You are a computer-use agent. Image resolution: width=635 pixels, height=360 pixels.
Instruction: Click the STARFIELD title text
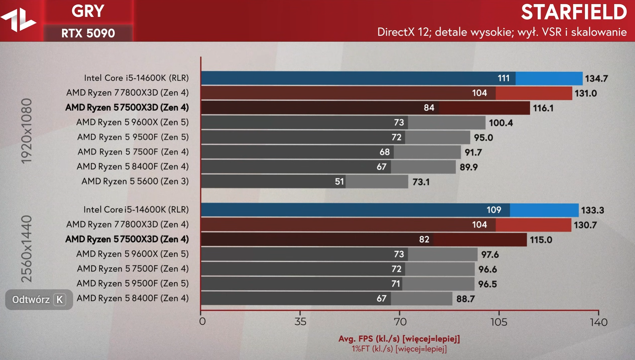coord(574,12)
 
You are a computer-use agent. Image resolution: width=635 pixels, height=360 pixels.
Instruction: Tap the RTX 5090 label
coord(88,33)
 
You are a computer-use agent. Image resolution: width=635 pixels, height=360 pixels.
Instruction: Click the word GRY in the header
coord(88,11)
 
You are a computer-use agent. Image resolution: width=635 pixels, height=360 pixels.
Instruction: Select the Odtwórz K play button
coord(39,300)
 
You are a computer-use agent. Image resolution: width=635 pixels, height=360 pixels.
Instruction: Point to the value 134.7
coord(596,79)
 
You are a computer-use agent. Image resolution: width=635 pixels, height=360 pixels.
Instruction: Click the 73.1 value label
coord(421,182)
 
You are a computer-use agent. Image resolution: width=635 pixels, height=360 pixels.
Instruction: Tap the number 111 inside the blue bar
coord(503,78)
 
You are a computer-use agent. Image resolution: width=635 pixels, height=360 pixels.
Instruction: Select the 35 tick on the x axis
coord(300,322)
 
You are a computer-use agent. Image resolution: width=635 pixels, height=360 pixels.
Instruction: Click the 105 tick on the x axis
coord(499,322)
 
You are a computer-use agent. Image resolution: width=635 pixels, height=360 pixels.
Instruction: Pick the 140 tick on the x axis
coord(598,322)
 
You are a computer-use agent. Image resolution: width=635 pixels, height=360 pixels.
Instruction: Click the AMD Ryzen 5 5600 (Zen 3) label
coord(135,181)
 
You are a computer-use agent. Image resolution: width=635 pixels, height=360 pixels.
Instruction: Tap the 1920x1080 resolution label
coord(27,131)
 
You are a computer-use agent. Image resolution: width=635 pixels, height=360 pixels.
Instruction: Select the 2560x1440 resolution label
coord(27,249)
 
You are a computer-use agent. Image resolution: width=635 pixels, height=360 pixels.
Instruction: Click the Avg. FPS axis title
coord(399,339)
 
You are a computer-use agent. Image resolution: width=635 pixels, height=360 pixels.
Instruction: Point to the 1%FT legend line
coord(399,349)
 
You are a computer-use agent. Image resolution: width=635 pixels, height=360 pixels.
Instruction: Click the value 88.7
coord(465,299)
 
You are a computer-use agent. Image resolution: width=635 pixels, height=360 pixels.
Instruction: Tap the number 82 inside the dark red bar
coord(424,239)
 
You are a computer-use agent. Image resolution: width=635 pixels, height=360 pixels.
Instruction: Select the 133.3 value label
coord(592,210)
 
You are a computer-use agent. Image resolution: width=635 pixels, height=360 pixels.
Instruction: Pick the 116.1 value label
coord(543,108)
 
